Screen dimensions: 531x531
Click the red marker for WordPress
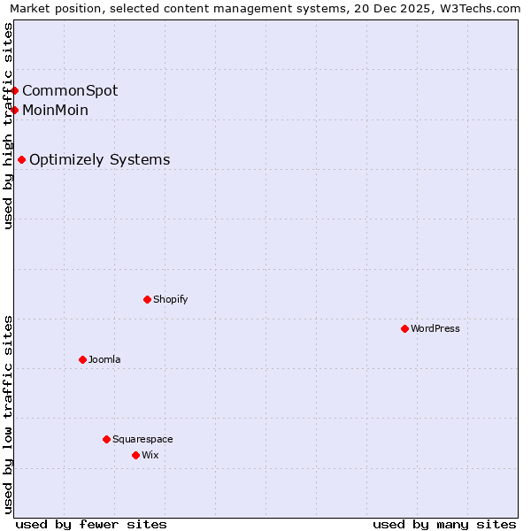pos(404,328)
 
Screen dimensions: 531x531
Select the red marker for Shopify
pos(147,299)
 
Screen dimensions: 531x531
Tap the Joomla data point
pos(82,359)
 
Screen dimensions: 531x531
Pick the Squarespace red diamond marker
pos(106,439)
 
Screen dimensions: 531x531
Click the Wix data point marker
pos(135,455)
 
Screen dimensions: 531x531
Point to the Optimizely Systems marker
pos(21,160)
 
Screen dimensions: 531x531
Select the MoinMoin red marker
pos(15,110)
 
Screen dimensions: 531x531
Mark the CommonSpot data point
pos(15,90)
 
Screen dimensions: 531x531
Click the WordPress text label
pos(435,328)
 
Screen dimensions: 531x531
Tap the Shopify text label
pos(171,299)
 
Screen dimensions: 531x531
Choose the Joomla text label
pos(104,359)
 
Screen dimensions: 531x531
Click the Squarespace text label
pos(142,439)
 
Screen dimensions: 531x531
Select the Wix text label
pos(150,455)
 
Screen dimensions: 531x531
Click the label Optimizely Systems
pos(100,160)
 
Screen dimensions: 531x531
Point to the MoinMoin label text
pos(56,110)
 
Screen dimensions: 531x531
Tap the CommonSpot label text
pos(70,90)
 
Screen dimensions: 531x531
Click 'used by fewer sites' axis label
pos(91,524)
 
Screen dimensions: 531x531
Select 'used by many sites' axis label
pos(444,524)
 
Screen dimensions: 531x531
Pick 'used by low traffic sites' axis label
pos(9,414)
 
